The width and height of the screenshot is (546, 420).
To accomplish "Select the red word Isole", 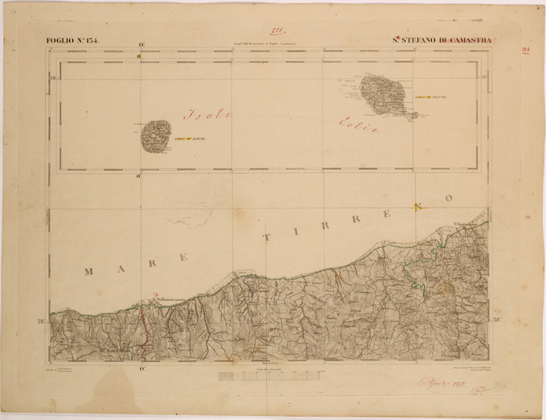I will point(207,114).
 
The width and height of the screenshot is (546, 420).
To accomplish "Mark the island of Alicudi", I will point(156,136).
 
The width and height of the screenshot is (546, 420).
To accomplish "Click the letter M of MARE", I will point(88,272).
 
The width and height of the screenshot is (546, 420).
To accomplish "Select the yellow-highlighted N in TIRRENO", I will point(417,207).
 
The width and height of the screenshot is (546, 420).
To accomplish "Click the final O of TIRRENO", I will point(450,198).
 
